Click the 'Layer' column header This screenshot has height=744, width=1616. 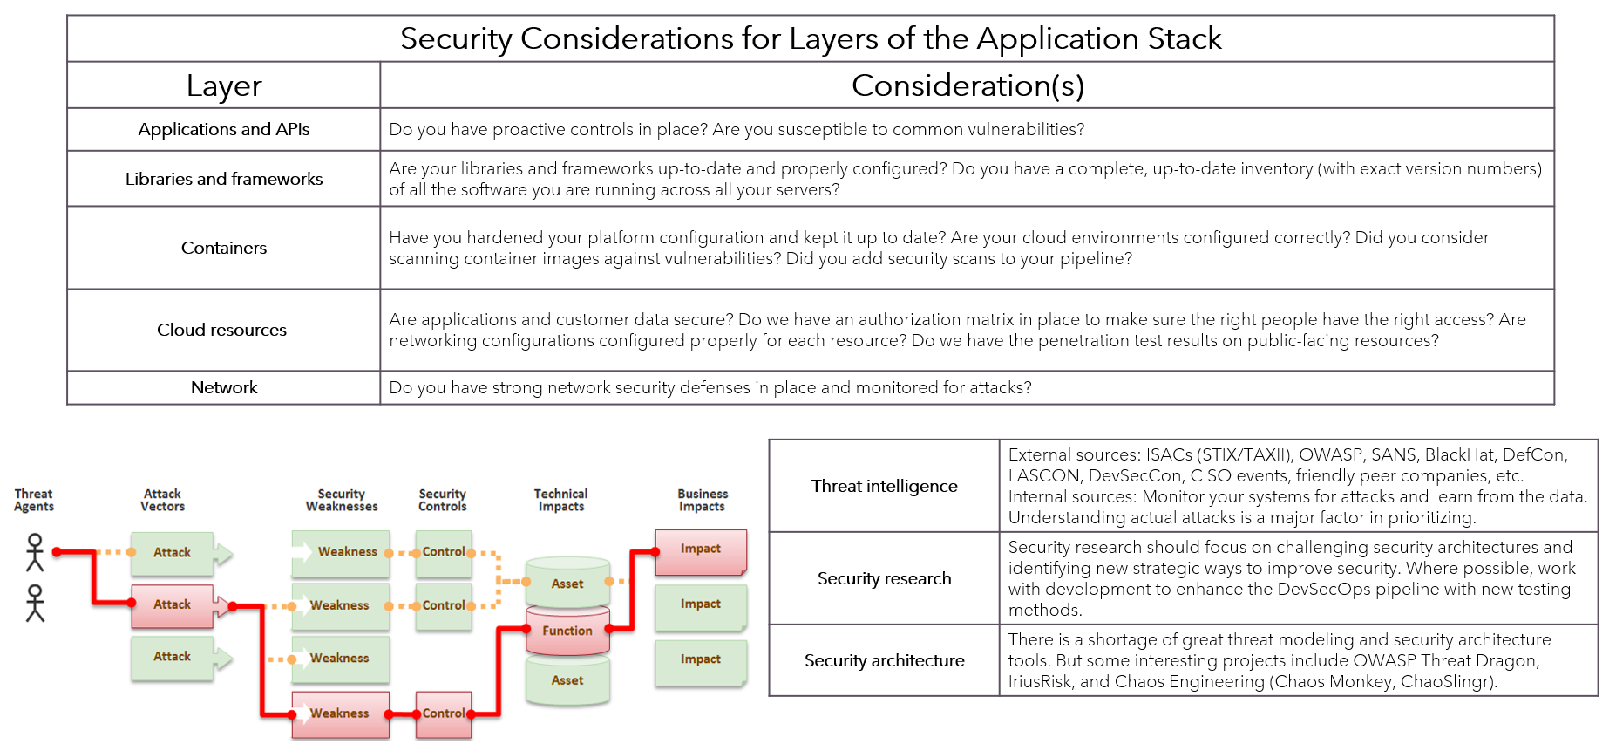224,85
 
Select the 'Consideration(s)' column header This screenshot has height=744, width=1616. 968,85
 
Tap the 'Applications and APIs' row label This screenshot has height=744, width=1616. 224,129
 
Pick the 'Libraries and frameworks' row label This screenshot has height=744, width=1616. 224,179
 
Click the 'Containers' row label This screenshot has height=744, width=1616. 224,248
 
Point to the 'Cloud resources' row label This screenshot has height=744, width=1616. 221,330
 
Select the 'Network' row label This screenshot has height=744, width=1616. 224,387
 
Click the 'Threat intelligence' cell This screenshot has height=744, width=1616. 884,486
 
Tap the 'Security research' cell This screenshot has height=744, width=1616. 884,578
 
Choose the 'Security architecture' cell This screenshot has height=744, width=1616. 884,660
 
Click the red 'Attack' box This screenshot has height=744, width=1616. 173,604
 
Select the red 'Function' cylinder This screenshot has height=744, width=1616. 567,631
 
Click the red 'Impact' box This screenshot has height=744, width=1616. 701,549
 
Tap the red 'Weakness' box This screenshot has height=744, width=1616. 340,713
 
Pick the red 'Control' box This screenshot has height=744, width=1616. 444,713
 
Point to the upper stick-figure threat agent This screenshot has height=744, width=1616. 35,552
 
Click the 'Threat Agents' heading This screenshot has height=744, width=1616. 34,500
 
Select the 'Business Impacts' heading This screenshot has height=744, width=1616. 703,500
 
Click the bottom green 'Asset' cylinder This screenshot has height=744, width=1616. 567,680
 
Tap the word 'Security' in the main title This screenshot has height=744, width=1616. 456,38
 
